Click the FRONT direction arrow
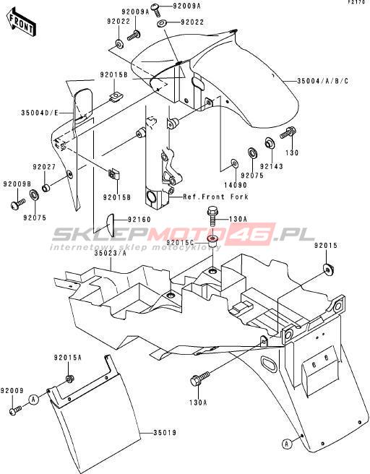coord(21,22)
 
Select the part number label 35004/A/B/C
coord(322,81)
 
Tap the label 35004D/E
coord(39,113)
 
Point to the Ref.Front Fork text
coord(216,197)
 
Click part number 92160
coord(139,220)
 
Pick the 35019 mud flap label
coord(165,433)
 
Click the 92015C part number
coord(181,243)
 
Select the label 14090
coord(236,185)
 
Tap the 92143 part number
coord(272,166)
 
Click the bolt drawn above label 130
coord(288,133)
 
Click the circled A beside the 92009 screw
coord(34,399)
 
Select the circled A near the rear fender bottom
coord(287,444)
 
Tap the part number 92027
coord(44,167)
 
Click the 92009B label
coord(17,184)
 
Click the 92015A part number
coord(68,358)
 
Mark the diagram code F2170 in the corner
coord(358,2)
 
